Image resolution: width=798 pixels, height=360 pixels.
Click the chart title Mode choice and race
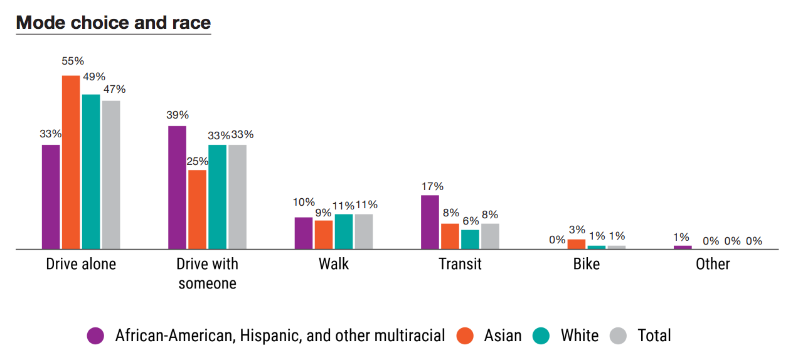click(x=114, y=23)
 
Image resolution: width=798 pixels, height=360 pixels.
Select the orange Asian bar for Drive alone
click(x=71, y=162)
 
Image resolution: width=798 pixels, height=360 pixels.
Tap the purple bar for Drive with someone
click(x=177, y=187)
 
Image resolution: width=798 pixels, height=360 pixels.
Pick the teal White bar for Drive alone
click(x=91, y=171)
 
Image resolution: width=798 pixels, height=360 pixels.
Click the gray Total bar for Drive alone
click(x=111, y=174)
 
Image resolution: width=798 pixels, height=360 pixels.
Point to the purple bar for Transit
click(x=430, y=222)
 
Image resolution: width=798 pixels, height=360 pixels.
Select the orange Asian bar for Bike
click(x=577, y=244)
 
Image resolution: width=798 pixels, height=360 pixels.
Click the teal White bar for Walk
click(x=344, y=231)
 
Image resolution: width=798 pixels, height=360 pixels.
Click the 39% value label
click(x=178, y=115)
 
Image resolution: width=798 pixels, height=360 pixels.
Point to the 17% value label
click(x=432, y=186)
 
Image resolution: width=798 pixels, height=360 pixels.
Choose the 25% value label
click(x=197, y=161)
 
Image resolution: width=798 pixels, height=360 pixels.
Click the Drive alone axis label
click(x=81, y=264)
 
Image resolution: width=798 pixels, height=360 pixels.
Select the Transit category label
click(x=460, y=264)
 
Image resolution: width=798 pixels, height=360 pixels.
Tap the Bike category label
click(x=587, y=264)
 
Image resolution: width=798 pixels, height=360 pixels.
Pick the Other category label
click(x=713, y=264)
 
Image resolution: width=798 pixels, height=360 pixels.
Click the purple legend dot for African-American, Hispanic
click(x=95, y=336)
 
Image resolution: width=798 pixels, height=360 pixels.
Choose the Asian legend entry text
click(x=503, y=336)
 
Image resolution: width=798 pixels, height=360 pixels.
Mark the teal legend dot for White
click(x=541, y=336)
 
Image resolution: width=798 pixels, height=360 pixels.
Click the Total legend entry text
click(x=654, y=336)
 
